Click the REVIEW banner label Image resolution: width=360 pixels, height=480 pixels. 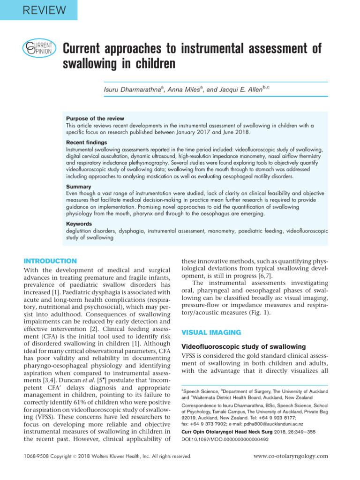pos(38,9)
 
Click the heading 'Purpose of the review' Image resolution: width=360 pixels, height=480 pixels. pos(95,119)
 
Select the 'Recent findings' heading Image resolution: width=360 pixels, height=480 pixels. pos(86,142)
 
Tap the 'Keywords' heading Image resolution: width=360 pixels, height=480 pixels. pos(79,224)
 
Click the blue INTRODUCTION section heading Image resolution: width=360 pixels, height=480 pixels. pos(50,261)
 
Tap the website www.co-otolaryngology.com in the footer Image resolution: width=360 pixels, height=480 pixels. pos(291,456)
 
